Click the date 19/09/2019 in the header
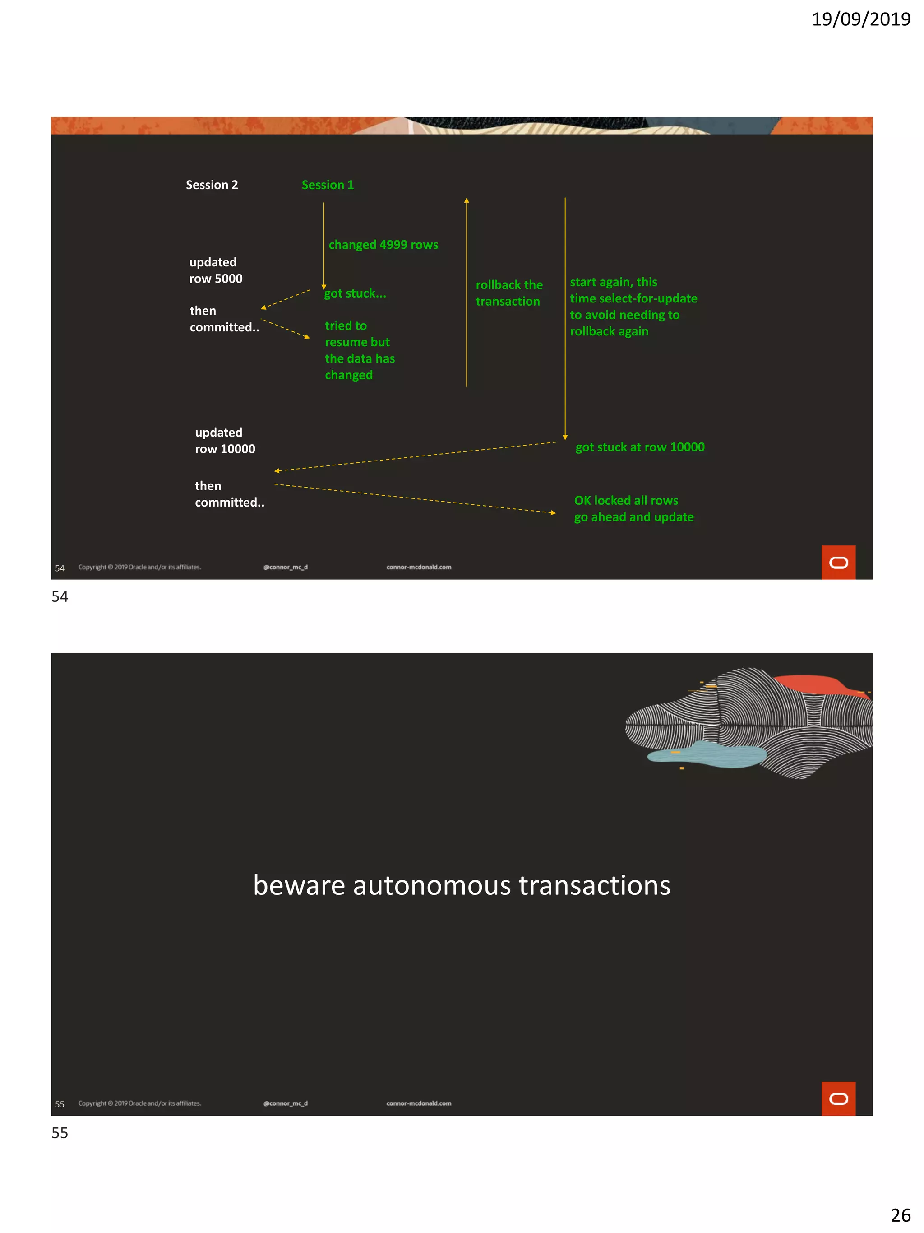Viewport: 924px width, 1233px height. (x=860, y=19)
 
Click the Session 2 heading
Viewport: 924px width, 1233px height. (x=212, y=185)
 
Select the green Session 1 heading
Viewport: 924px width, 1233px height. (x=328, y=185)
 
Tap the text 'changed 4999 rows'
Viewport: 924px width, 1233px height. (x=383, y=245)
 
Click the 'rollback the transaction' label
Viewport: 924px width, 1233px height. (x=508, y=293)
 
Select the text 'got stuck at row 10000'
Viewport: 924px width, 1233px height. (x=639, y=447)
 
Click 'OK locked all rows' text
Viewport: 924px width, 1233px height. (x=626, y=501)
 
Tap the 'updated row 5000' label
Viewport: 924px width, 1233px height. (x=216, y=270)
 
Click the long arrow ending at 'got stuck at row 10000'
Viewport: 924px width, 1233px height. (x=565, y=318)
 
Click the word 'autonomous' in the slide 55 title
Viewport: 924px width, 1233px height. (x=432, y=885)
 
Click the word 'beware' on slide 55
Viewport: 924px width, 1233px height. (x=299, y=885)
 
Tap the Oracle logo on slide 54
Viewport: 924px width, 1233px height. (x=838, y=563)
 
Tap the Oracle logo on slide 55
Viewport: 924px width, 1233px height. (x=838, y=1098)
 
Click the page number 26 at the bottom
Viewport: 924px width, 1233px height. (x=900, y=1215)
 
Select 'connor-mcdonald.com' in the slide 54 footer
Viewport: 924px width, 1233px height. (x=419, y=568)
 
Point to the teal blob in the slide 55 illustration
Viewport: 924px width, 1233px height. (x=707, y=755)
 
